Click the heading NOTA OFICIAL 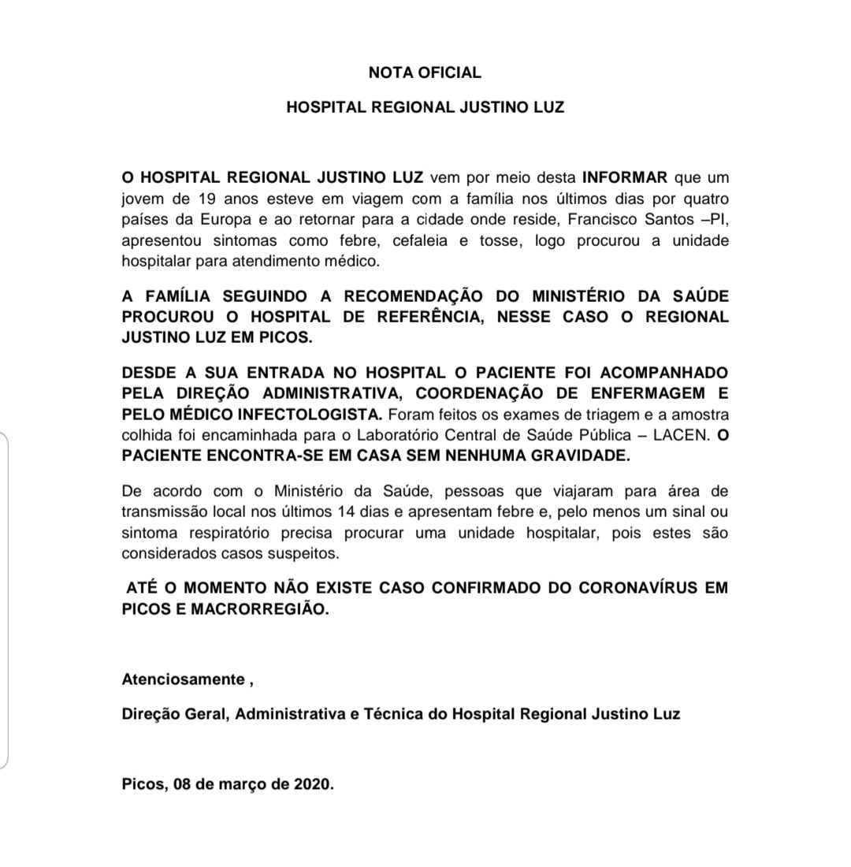pyautogui.click(x=425, y=73)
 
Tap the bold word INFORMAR pyautogui.click(x=625, y=177)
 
